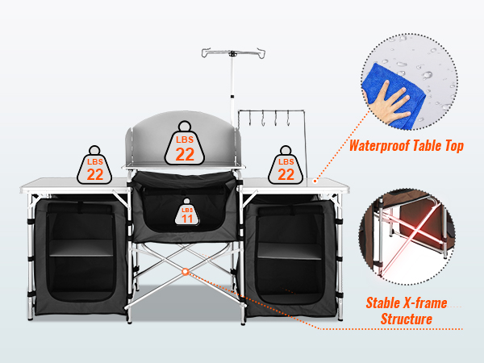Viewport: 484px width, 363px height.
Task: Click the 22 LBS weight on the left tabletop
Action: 94,165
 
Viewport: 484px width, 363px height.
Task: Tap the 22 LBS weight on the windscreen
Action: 185,144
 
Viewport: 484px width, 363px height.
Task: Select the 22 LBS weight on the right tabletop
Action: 286,165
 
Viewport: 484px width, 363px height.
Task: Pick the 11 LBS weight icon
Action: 187,212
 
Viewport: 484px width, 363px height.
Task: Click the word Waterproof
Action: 380,146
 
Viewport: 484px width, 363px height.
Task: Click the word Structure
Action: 407,319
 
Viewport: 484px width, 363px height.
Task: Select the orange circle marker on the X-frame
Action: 186,272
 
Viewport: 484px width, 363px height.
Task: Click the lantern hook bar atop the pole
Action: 233,53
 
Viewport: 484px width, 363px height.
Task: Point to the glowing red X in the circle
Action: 411,236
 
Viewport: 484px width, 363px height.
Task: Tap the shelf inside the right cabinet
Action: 290,251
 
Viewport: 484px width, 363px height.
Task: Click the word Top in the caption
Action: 454,146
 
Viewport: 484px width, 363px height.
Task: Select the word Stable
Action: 385,303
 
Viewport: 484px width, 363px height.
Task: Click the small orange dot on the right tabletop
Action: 315,181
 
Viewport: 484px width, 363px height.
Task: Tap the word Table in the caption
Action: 428,146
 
